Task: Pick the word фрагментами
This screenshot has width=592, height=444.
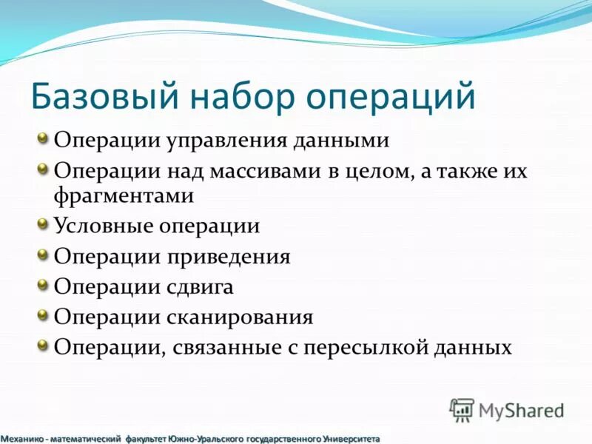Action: click(124, 196)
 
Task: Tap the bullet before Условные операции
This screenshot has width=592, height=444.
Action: click(44, 221)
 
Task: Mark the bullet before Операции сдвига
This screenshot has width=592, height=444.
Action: click(44, 283)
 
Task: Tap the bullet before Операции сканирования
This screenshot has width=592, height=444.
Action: click(44, 314)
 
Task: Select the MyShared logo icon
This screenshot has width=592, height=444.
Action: click(461, 409)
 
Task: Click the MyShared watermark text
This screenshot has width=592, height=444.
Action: click(521, 410)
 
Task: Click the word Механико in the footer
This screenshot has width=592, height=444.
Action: click(23, 439)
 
